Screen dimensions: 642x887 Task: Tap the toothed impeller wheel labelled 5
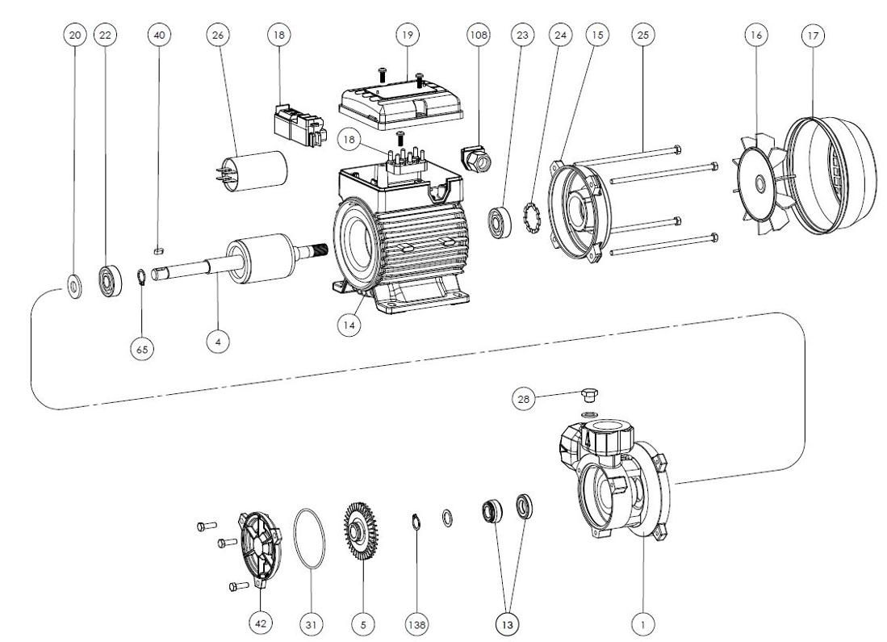tap(361, 537)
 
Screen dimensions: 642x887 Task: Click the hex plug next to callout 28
tap(590, 397)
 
